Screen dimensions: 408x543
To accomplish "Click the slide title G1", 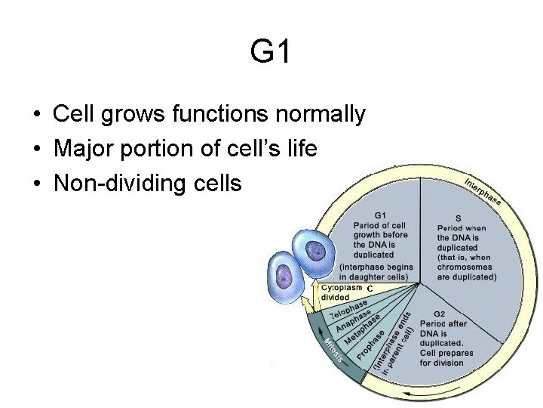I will pos(270,52).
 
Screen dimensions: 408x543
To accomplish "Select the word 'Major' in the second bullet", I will pos(81,149).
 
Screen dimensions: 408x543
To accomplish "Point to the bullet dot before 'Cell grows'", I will pos(36,116).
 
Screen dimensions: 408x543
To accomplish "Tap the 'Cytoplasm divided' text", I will pos(341,292).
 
